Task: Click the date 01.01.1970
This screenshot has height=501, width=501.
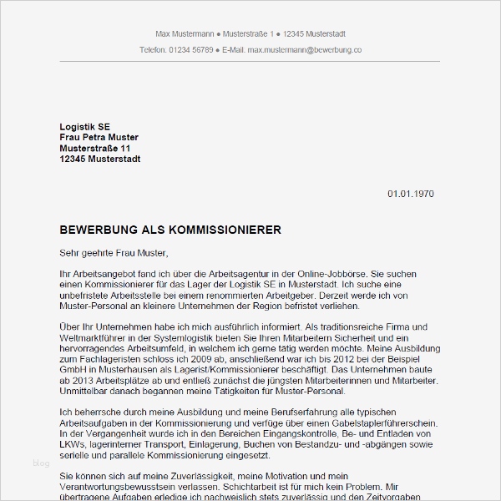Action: pyautogui.click(x=410, y=194)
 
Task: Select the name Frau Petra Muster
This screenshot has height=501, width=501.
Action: pyautogui.click(x=99, y=137)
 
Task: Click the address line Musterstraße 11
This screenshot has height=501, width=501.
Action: pyautogui.click(x=95, y=148)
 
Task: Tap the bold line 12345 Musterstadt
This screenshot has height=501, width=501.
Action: pyautogui.click(x=99, y=159)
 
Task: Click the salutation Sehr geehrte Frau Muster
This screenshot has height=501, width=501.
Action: pyautogui.click(x=114, y=252)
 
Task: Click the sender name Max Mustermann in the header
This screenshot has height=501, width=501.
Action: pyautogui.click(x=184, y=34)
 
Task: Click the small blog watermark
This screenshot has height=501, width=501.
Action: pyautogui.click(x=41, y=461)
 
